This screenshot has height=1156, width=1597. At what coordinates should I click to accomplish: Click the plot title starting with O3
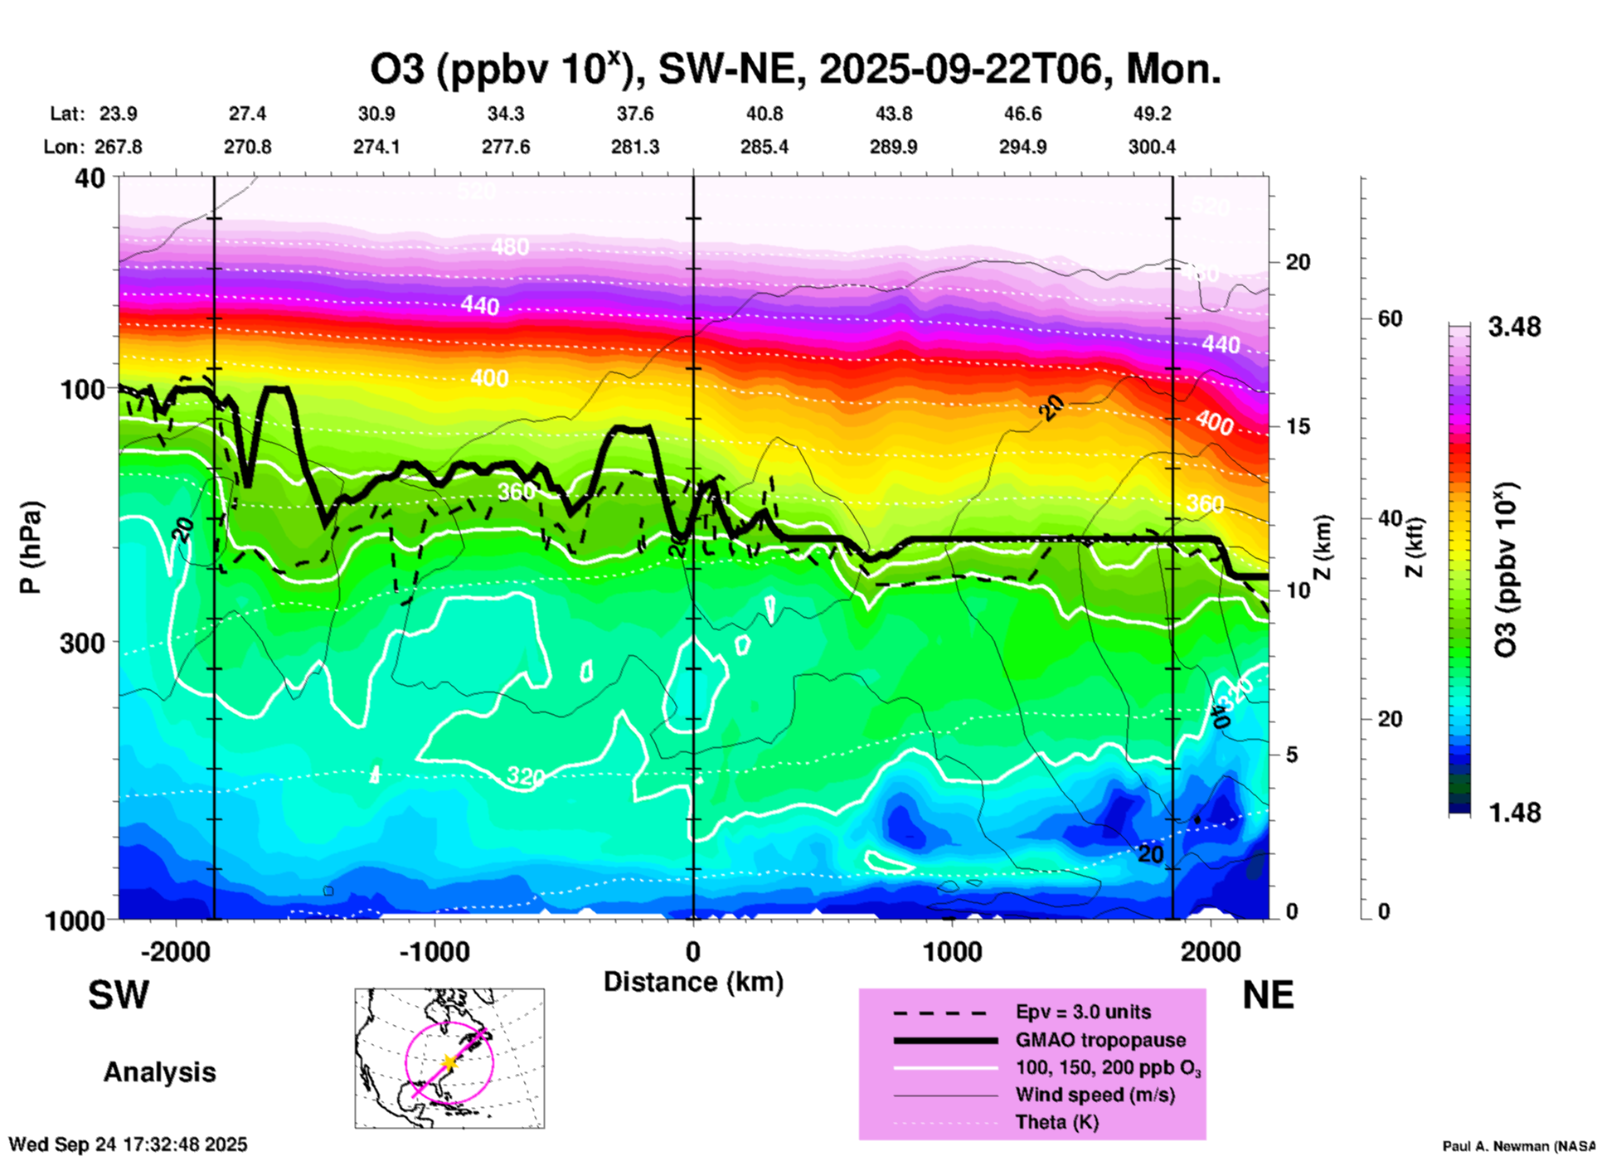click(794, 70)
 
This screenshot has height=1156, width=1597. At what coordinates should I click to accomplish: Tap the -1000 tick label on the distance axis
click(434, 952)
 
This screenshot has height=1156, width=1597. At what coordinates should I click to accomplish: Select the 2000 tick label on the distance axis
click(1211, 952)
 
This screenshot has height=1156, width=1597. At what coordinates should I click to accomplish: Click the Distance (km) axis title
click(693, 982)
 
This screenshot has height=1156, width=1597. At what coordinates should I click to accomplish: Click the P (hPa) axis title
click(31, 547)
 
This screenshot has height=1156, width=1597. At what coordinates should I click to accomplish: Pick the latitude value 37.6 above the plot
click(634, 114)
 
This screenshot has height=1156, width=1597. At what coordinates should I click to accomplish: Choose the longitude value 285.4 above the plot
click(764, 148)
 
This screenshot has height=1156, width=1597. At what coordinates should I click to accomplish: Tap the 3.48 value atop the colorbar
click(1514, 328)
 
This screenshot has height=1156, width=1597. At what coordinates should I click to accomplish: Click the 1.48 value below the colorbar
click(1514, 813)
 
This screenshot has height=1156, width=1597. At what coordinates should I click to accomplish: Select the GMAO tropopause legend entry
click(1100, 1040)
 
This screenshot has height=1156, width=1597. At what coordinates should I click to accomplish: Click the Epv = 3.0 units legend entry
click(1083, 1013)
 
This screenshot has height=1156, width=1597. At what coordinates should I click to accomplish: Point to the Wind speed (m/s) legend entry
click(1095, 1095)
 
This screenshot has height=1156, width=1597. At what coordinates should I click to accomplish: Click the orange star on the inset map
click(449, 1062)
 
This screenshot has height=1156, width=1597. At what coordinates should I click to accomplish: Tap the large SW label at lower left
click(119, 995)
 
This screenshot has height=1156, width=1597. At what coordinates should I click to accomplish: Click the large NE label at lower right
click(1268, 995)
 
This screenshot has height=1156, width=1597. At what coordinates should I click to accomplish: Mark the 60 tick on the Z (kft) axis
click(1391, 319)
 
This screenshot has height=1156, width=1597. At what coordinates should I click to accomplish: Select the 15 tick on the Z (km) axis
click(1298, 426)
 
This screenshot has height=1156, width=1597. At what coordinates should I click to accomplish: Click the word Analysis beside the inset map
click(159, 1072)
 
